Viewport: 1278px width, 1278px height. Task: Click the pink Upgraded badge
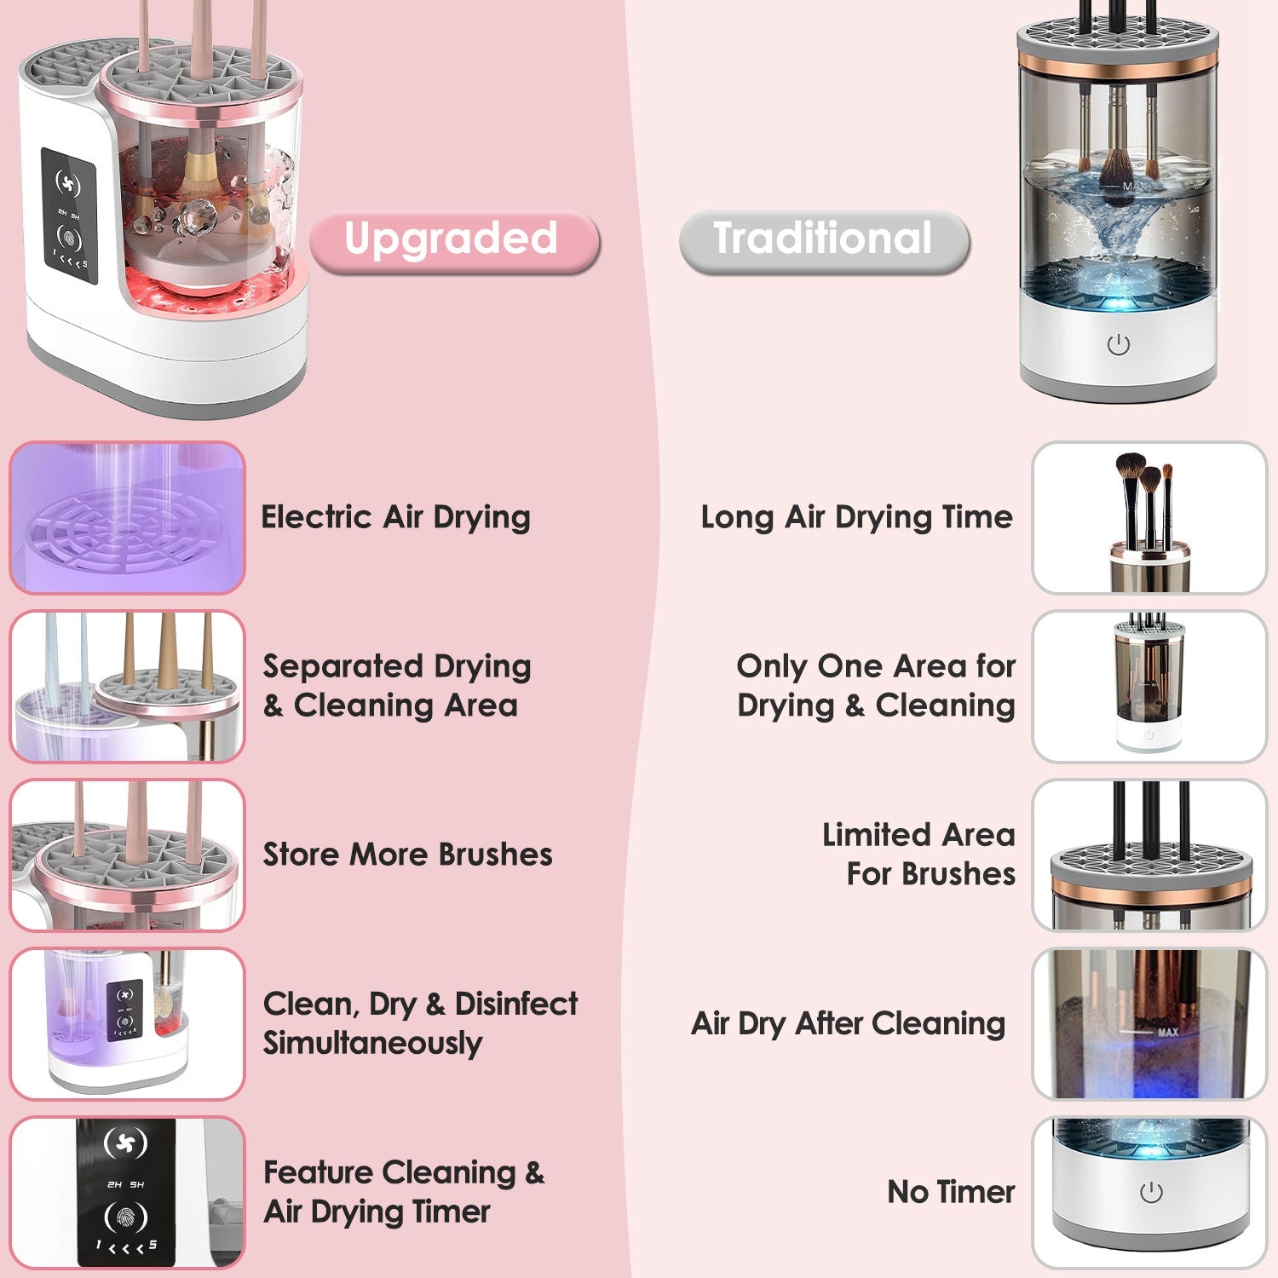click(454, 241)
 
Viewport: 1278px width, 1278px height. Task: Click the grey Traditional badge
click(824, 241)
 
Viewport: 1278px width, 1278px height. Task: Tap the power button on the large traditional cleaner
click(1119, 345)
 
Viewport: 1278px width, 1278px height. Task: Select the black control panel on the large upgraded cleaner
click(69, 216)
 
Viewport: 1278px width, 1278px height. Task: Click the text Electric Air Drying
click(395, 517)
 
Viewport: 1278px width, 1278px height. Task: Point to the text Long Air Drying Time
click(856, 517)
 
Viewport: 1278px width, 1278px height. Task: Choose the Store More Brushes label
click(407, 855)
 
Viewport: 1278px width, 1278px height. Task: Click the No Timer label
click(951, 1192)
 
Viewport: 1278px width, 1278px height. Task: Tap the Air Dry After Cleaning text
click(848, 1023)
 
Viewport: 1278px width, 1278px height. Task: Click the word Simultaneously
click(372, 1044)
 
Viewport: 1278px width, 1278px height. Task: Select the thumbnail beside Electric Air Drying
click(128, 517)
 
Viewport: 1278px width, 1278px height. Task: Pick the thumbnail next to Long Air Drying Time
click(1149, 517)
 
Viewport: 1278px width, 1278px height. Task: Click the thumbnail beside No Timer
click(1149, 1192)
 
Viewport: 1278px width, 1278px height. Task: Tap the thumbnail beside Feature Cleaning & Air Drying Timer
click(128, 1192)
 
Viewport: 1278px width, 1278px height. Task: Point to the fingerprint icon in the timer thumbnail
click(125, 1217)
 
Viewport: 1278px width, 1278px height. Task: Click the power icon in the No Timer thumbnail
click(1151, 1193)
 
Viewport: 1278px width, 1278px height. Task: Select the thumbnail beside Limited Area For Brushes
click(1149, 855)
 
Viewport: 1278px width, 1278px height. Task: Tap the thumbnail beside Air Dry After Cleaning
click(1149, 1023)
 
